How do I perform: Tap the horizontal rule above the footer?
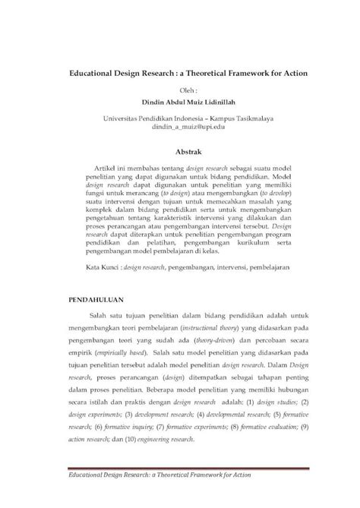click(179, 488)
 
